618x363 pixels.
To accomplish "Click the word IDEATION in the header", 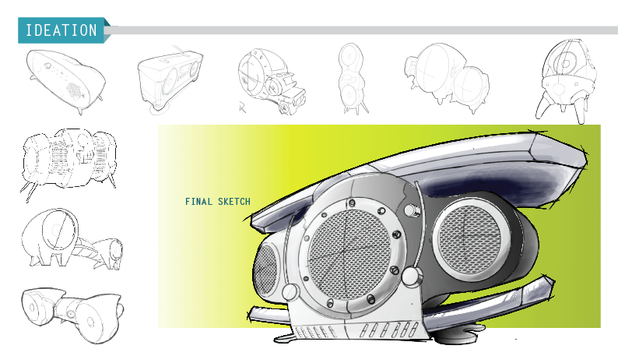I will pos(61,31).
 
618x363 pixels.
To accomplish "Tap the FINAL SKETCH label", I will pos(218,202).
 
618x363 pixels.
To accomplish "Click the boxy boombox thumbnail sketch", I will pos(169,77).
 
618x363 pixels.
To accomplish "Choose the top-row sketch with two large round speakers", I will pos(445,77).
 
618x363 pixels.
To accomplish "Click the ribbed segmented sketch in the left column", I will pos(69,160).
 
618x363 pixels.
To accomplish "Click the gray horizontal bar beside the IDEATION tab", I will pos(358,30).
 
